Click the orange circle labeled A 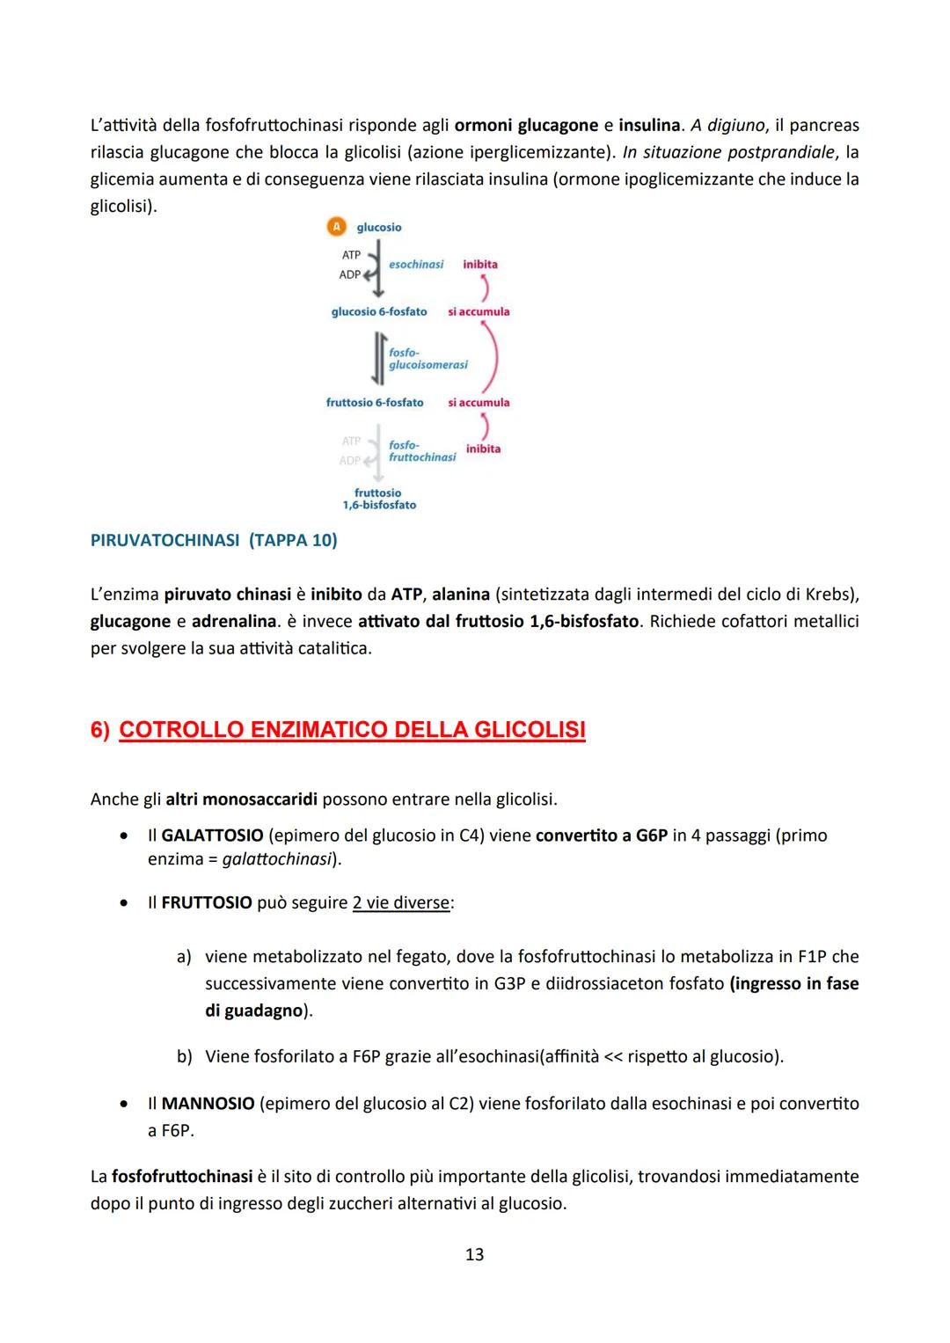point(335,227)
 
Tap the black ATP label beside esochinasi point(351,255)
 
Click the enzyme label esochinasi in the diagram point(416,264)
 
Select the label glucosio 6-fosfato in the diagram point(379,311)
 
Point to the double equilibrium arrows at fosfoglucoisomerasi point(378,358)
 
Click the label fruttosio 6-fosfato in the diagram point(375,402)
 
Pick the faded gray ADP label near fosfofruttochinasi point(350,460)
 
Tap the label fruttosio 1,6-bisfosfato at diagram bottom point(379,499)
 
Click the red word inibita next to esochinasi point(480,264)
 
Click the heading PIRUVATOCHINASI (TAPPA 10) point(214,540)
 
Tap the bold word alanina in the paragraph point(460,594)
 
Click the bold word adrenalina point(233,621)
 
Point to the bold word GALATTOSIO point(212,835)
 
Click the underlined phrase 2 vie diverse point(401,902)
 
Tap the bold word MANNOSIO point(208,1103)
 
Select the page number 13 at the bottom point(474,1254)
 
